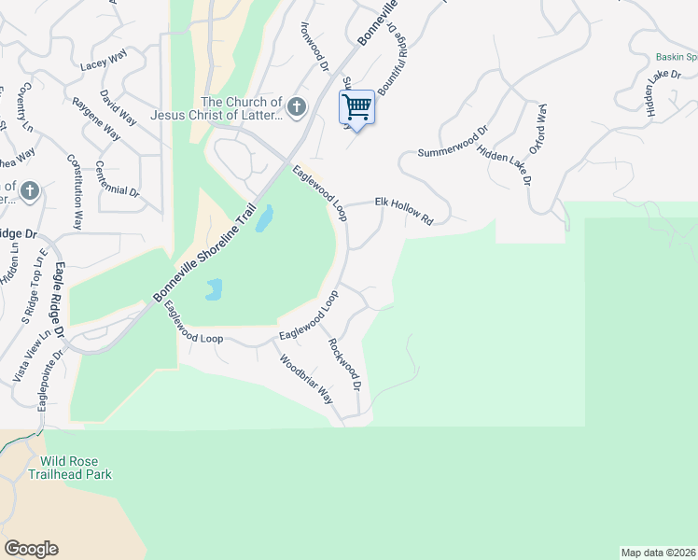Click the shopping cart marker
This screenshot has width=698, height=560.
[x=356, y=108]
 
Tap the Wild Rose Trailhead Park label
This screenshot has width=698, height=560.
[x=77, y=468]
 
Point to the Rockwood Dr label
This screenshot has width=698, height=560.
[x=343, y=359]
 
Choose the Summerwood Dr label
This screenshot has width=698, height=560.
[x=453, y=140]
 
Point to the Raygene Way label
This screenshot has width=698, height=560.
[x=96, y=118]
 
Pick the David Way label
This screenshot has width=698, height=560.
[x=118, y=107]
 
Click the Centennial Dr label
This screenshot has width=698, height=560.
[x=117, y=179]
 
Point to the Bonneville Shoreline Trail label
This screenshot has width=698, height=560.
[x=203, y=253]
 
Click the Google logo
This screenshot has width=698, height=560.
[x=32, y=549]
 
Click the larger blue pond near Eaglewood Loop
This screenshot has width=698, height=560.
[x=264, y=218]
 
